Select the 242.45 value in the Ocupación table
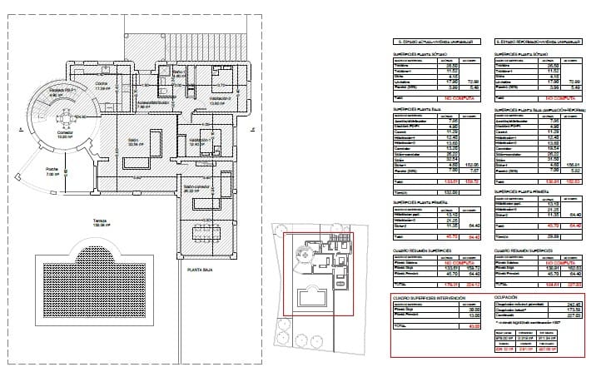pyautogui.click(x=572, y=304)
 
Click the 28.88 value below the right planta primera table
pyautogui.click(x=550, y=237)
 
